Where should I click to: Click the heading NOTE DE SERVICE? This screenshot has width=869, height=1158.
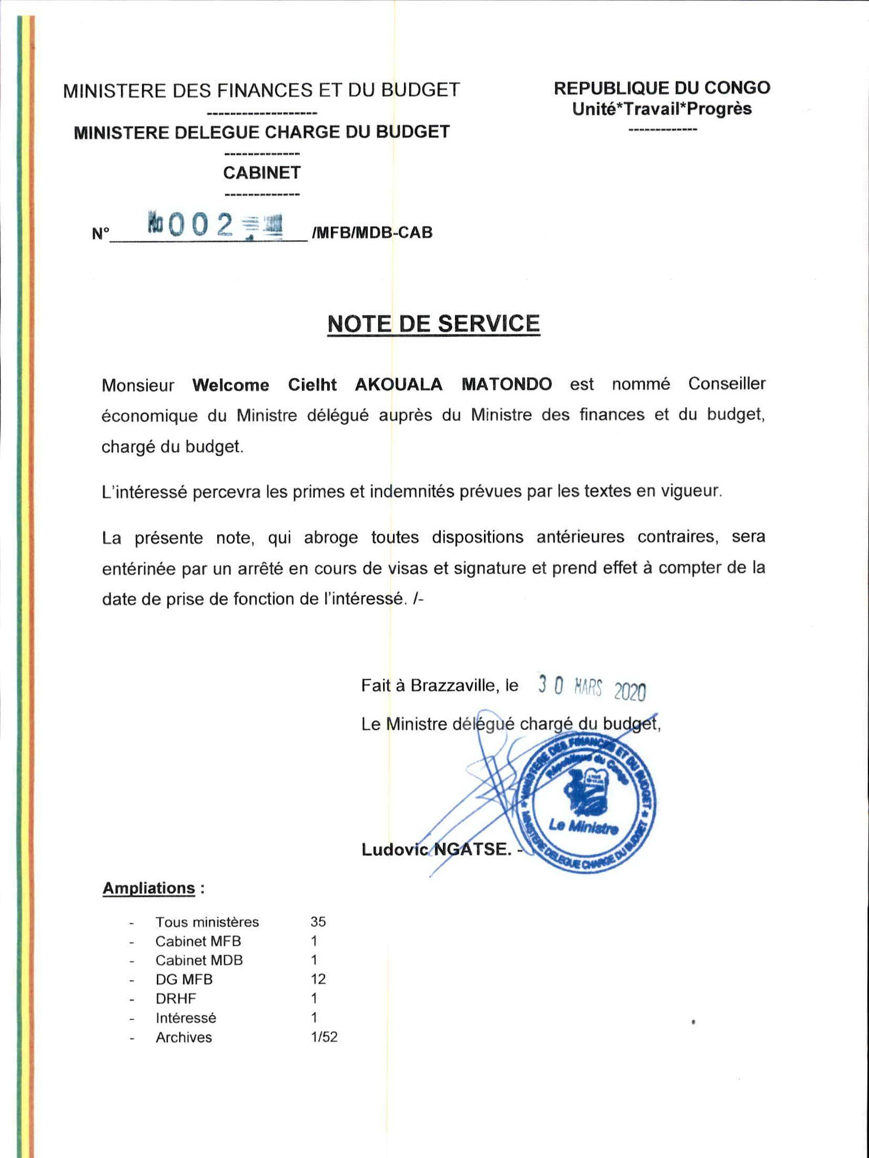(x=433, y=323)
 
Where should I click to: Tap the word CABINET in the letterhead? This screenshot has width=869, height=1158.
(x=261, y=173)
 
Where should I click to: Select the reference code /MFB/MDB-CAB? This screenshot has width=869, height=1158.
(x=372, y=232)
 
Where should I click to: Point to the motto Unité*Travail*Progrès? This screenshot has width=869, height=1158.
(x=662, y=109)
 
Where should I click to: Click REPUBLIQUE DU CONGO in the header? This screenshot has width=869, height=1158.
(x=662, y=88)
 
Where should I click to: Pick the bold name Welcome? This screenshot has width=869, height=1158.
(x=230, y=385)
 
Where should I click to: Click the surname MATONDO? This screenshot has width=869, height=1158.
(x=507, y=384)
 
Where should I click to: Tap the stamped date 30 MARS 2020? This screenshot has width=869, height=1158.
(x=592, y=687)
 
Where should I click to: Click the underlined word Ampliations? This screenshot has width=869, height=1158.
(x=149, y=888)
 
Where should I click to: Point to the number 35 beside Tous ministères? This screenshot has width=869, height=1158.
(x=318, y=922)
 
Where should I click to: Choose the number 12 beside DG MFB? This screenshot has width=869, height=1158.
(x=318, y=979)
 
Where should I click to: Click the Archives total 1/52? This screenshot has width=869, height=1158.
(x=324, y=1037)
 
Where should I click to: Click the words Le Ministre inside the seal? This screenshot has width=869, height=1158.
(x=583, y=827)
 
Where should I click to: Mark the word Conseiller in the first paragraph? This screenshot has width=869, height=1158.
(x=726, y=384)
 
